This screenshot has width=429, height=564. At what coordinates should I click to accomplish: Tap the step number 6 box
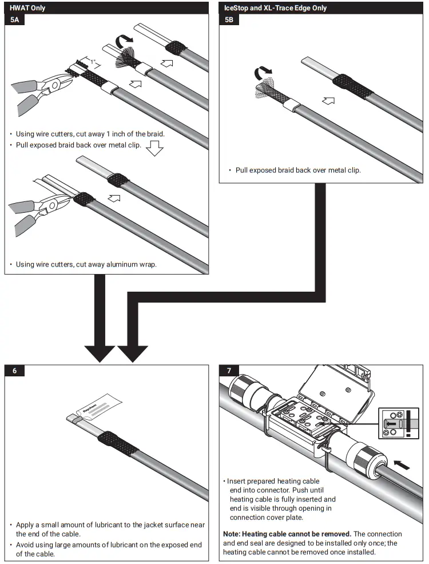click(x=15, y=370)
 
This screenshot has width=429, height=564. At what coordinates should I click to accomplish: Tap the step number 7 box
click(x=229, y=370)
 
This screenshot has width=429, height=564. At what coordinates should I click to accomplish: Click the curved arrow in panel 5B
click(x=263, y=73)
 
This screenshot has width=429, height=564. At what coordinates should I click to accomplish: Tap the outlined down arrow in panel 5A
click(x=154, y=150)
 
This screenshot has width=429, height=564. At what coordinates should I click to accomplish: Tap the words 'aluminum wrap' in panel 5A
click(x=133, y=264)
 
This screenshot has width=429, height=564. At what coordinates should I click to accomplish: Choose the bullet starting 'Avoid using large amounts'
click(x=109, y=549)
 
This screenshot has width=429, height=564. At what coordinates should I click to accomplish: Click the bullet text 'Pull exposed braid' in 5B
click(x=297, y=170)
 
